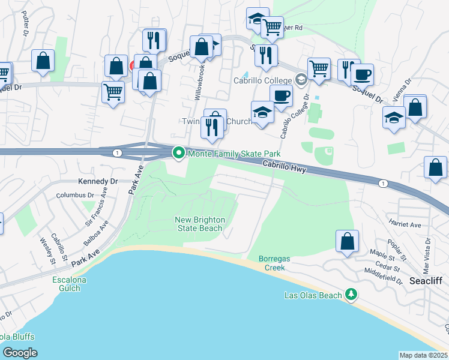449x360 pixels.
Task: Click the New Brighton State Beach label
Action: pos(199,224)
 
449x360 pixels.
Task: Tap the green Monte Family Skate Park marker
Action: pos(178,154)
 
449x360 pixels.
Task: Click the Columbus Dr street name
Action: pos(76,195)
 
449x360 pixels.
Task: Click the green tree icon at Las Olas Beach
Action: pos(351,295)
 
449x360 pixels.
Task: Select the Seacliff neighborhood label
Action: pos(426,281)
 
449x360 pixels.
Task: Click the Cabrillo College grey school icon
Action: pos(301,80)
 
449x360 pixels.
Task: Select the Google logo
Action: pos(20,353)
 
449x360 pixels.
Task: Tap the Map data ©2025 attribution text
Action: pos(423,355)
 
